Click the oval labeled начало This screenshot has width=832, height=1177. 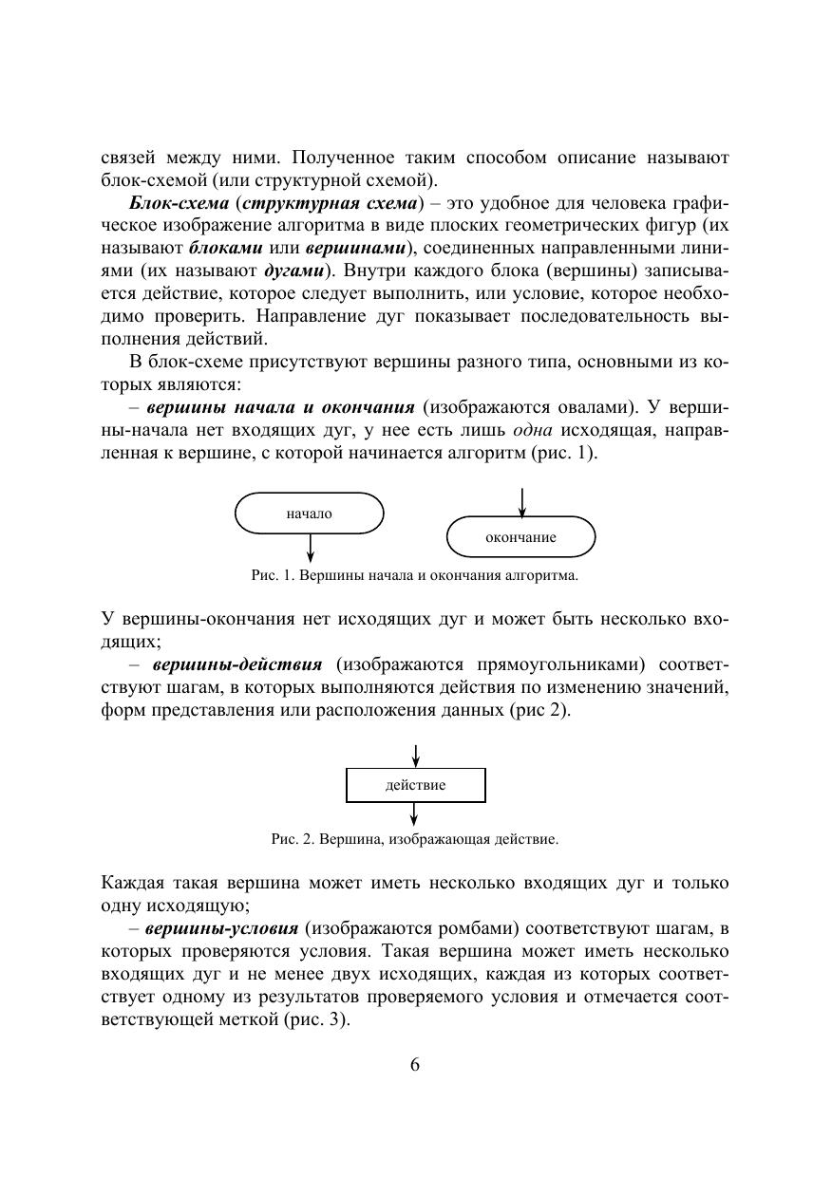click(x=309, y=514)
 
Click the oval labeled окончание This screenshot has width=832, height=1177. click(x=520, y=537)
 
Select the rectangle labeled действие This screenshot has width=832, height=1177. click(x=415, y=785)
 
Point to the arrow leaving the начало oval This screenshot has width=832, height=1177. click(x=311, y=548)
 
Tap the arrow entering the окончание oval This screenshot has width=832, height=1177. click(x=521, y=502)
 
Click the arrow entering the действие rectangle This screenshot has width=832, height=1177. click(x=415, y=756)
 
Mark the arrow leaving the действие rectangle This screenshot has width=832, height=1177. click(x=415, y=813)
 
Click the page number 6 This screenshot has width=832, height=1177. click(x=415, y=1063)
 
